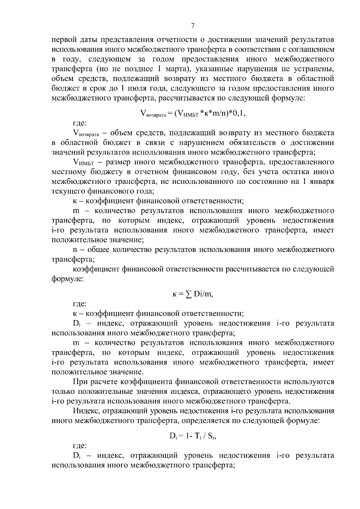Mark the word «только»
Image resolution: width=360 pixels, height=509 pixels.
pos(63,391)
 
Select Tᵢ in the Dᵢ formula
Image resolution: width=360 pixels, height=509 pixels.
pos(199,437)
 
